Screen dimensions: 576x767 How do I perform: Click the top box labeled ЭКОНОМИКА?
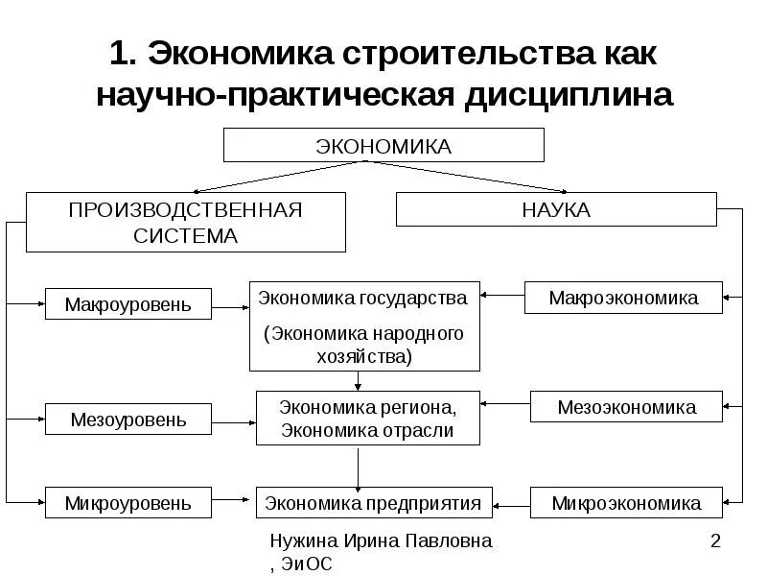(x=383, y=145)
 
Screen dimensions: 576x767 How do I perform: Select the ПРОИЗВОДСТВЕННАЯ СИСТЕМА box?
(x=185, y=222)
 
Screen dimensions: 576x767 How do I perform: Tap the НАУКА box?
(x=556, y=209)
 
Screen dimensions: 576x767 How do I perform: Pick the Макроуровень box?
(x=128, y=305)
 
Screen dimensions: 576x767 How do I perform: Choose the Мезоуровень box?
(x=128, y=419)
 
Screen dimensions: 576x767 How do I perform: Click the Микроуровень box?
(x=128, y=502)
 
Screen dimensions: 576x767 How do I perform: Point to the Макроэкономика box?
(x=623, y=298)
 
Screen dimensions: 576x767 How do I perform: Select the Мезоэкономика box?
(x=626, y=407)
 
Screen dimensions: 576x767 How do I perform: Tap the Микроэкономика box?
(x=626, y=502)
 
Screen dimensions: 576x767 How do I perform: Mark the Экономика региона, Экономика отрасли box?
(x=366, y=419)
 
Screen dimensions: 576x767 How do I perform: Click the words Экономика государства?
(x=362, y=298)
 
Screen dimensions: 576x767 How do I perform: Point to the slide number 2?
(x=714, y=541)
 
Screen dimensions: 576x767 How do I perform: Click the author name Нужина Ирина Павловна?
(x=381, y=541)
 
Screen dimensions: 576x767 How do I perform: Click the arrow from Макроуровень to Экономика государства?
(x=230, y=307)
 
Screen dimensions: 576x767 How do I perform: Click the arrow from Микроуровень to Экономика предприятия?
(x=233, y=501)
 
